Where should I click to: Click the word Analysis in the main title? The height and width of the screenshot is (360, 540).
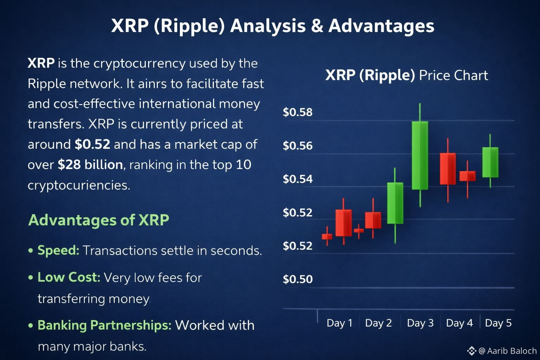click(x=268, y=26)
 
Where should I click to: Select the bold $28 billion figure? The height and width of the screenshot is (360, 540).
click(x=90, y=165)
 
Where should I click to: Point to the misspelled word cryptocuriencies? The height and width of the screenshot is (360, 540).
click(x=79, y=186)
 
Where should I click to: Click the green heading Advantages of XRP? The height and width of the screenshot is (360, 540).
click(x=98, y=220)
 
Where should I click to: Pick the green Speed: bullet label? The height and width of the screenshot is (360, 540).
click(x=58, y=251)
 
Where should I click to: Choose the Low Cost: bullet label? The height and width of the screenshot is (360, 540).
click(x=69, y=277)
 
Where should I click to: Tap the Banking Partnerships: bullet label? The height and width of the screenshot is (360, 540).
click(x=104, y=325)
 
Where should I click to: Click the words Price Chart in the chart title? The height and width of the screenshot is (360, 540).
click(x=454, y=76)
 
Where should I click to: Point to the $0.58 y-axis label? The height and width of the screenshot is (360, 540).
click(x=297, y=112)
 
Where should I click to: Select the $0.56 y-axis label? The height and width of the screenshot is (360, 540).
click(x=297, y=146)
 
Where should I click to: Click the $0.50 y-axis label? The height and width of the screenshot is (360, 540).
click(x=297, y=279)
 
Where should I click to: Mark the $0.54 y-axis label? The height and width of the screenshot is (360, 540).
click(x=297, y=179)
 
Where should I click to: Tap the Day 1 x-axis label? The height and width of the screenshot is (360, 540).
click(x=339, y=323)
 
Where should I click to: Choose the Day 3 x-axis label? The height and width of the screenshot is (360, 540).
click(x=420, y=323)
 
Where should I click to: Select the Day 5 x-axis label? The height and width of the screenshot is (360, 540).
click(x=498, y=323)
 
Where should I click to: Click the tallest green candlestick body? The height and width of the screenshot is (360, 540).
click(x=420, y=155)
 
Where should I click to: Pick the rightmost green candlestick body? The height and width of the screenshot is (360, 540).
click(x=490, y=162)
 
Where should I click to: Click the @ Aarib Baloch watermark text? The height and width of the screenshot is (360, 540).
click(x=507, y=351)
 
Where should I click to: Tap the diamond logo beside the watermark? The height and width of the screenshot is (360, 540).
click(x=471, y=351)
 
